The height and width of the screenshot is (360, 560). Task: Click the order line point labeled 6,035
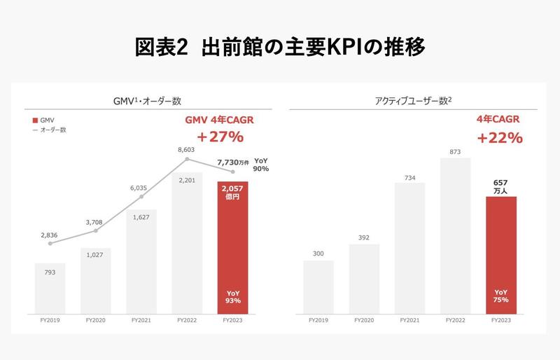pos(141,197)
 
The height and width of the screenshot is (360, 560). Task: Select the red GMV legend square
pos(35,120)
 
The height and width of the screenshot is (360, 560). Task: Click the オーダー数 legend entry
pos(53,130)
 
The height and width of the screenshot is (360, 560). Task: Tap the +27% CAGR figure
pos(219,137)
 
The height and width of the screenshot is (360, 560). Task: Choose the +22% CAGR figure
pos(500,137)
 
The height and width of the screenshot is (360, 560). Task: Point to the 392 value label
pos(364,237)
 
